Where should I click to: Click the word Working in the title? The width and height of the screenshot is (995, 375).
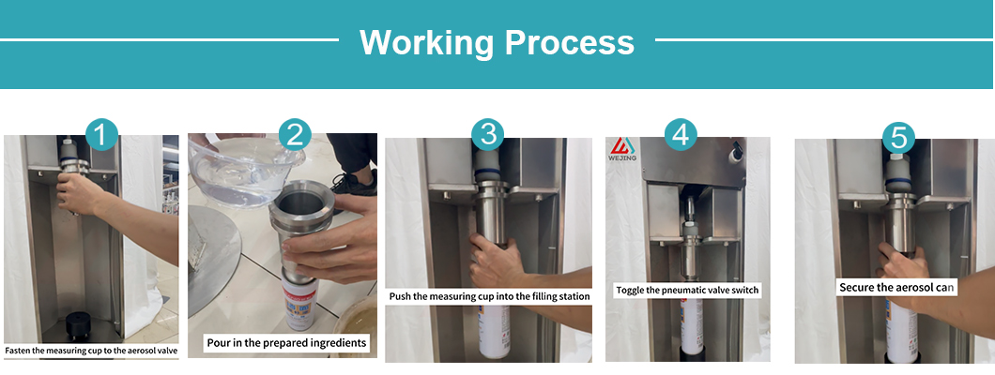pyautogui.click(x=426, y=43)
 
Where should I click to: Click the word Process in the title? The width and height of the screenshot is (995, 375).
pyautogui.click(x=569, y=42)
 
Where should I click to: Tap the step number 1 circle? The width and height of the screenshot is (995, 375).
pyautogui.click(x=101, y=135)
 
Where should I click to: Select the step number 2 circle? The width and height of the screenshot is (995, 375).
pyautogui.click(x=295, y=135)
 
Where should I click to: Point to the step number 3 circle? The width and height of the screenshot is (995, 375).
pyautogui.click(x=487, y=135)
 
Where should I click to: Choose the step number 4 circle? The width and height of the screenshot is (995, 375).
pyautogui.click(x=681, y=135)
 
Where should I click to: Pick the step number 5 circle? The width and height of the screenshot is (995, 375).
pyautogui.click(x=898, y=138)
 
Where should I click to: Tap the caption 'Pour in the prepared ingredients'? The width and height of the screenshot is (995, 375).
pyautogui.click(x=287, y=343)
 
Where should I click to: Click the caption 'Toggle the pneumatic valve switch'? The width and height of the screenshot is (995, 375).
pyautogui.click(x=687, y=290)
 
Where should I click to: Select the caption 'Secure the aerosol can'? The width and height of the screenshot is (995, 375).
pyautogui.click(x=896, y=288)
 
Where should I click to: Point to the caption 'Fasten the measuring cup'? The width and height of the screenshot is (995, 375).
pyautogui.click(x=91, y=350)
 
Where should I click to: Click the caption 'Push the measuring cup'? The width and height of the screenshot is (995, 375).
pyautogui.click(x=489, y=296)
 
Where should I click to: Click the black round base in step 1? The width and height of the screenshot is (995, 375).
pyautogui.click(x=84, y=325)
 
